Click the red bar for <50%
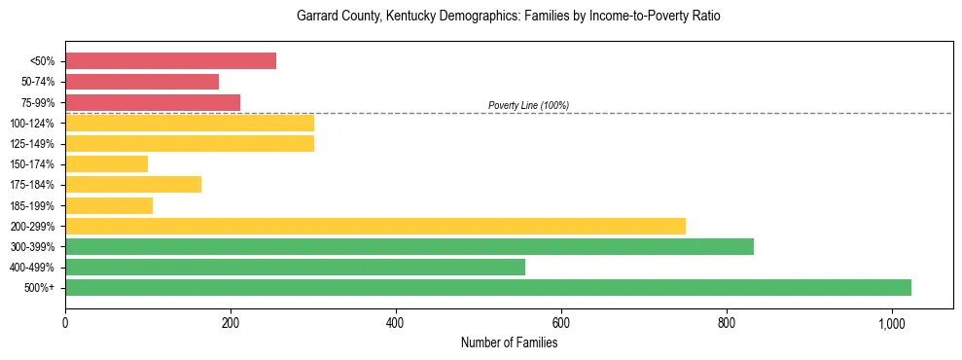170,61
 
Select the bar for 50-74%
142,82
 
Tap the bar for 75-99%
153,102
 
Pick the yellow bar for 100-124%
190,123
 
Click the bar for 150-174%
106,163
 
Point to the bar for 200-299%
375,226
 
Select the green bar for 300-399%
410,246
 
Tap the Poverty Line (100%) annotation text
528,105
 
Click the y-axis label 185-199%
32,205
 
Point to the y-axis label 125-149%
32,144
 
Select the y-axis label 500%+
40,288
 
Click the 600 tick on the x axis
560,322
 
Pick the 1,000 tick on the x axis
891,322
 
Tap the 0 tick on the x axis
65,322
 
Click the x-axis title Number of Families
509,342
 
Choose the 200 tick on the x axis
231,322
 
